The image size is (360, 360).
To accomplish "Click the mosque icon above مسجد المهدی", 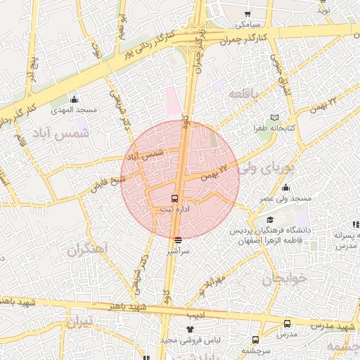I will tap(75, 99).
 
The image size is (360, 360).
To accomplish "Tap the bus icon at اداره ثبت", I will tap(175, 199).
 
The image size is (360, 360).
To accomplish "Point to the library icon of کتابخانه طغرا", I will tap(274, 117).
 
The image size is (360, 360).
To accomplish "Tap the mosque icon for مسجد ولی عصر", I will tap(285, 187).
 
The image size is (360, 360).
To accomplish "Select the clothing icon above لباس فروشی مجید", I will tap(189, 328).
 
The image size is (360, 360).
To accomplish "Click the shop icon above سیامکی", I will tap(247, 13).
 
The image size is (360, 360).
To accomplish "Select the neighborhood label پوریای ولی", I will tap(259, 169).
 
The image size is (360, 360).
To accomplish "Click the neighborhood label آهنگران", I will tap(86, 250).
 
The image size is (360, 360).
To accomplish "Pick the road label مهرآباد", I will tap(211, 284).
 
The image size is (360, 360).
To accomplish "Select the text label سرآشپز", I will tap(177, 250).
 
